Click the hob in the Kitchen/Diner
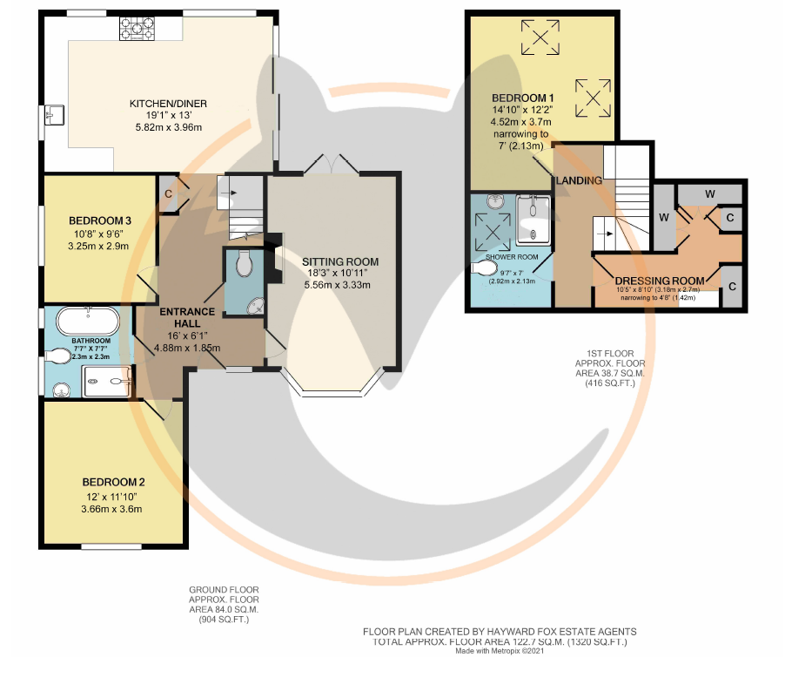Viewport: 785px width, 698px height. pyautogui.click(x=137, y=29)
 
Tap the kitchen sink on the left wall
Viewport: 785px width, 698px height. pyautogui.click(x=54, y=115)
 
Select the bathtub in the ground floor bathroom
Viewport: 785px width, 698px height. pyautogui.click(x=88, y=321)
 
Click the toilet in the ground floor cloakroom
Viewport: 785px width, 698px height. pyautogui.click(x=244, y=263)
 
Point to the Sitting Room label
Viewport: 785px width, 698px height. pyautogui.click(x=340, y=261)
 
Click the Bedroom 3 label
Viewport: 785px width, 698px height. pyautogui.click(x=100, y=220)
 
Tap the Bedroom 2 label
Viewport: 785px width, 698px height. pyautogui.click(x=114, y=483)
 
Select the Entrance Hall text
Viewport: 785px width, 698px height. pyautogui.click(x=187, y=317)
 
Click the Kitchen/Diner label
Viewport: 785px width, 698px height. pyautogui.click(x=168, y=104)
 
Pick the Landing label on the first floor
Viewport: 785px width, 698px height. pyautogui.click(x=580, y=180)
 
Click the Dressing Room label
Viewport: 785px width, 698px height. pyautogui.click(x=660, y=281)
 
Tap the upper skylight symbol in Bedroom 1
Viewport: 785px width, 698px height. pyautogui.click(x=540, y=37)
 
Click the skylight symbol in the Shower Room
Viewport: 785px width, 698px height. pyautogui.click(x=493, y=232)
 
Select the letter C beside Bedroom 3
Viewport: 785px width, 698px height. pyautogui.click(x=168, y=194)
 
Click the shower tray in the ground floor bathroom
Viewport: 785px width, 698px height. pyautogui.click(x=107, y=382)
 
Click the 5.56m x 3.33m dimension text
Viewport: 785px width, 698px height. pyautogui.click(x=338, y=285)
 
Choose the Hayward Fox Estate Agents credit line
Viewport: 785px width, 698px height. pyautogui.click(x=500, y=632)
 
